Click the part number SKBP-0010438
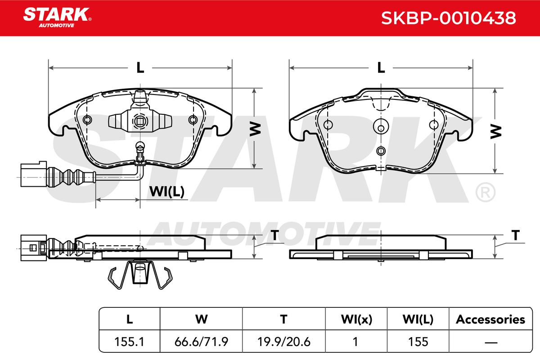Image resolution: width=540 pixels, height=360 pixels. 448,18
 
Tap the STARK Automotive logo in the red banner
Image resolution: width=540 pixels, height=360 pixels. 57,18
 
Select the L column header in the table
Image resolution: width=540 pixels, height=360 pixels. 130,319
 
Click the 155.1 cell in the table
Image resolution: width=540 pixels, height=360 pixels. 130,342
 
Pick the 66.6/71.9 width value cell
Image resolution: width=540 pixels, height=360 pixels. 201,342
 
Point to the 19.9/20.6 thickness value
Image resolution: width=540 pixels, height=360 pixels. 284,342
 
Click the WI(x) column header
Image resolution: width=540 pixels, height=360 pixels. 356,319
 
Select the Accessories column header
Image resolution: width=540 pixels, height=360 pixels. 490,319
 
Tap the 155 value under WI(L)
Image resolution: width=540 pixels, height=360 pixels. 418,342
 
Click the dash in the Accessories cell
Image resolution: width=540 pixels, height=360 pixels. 491,342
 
